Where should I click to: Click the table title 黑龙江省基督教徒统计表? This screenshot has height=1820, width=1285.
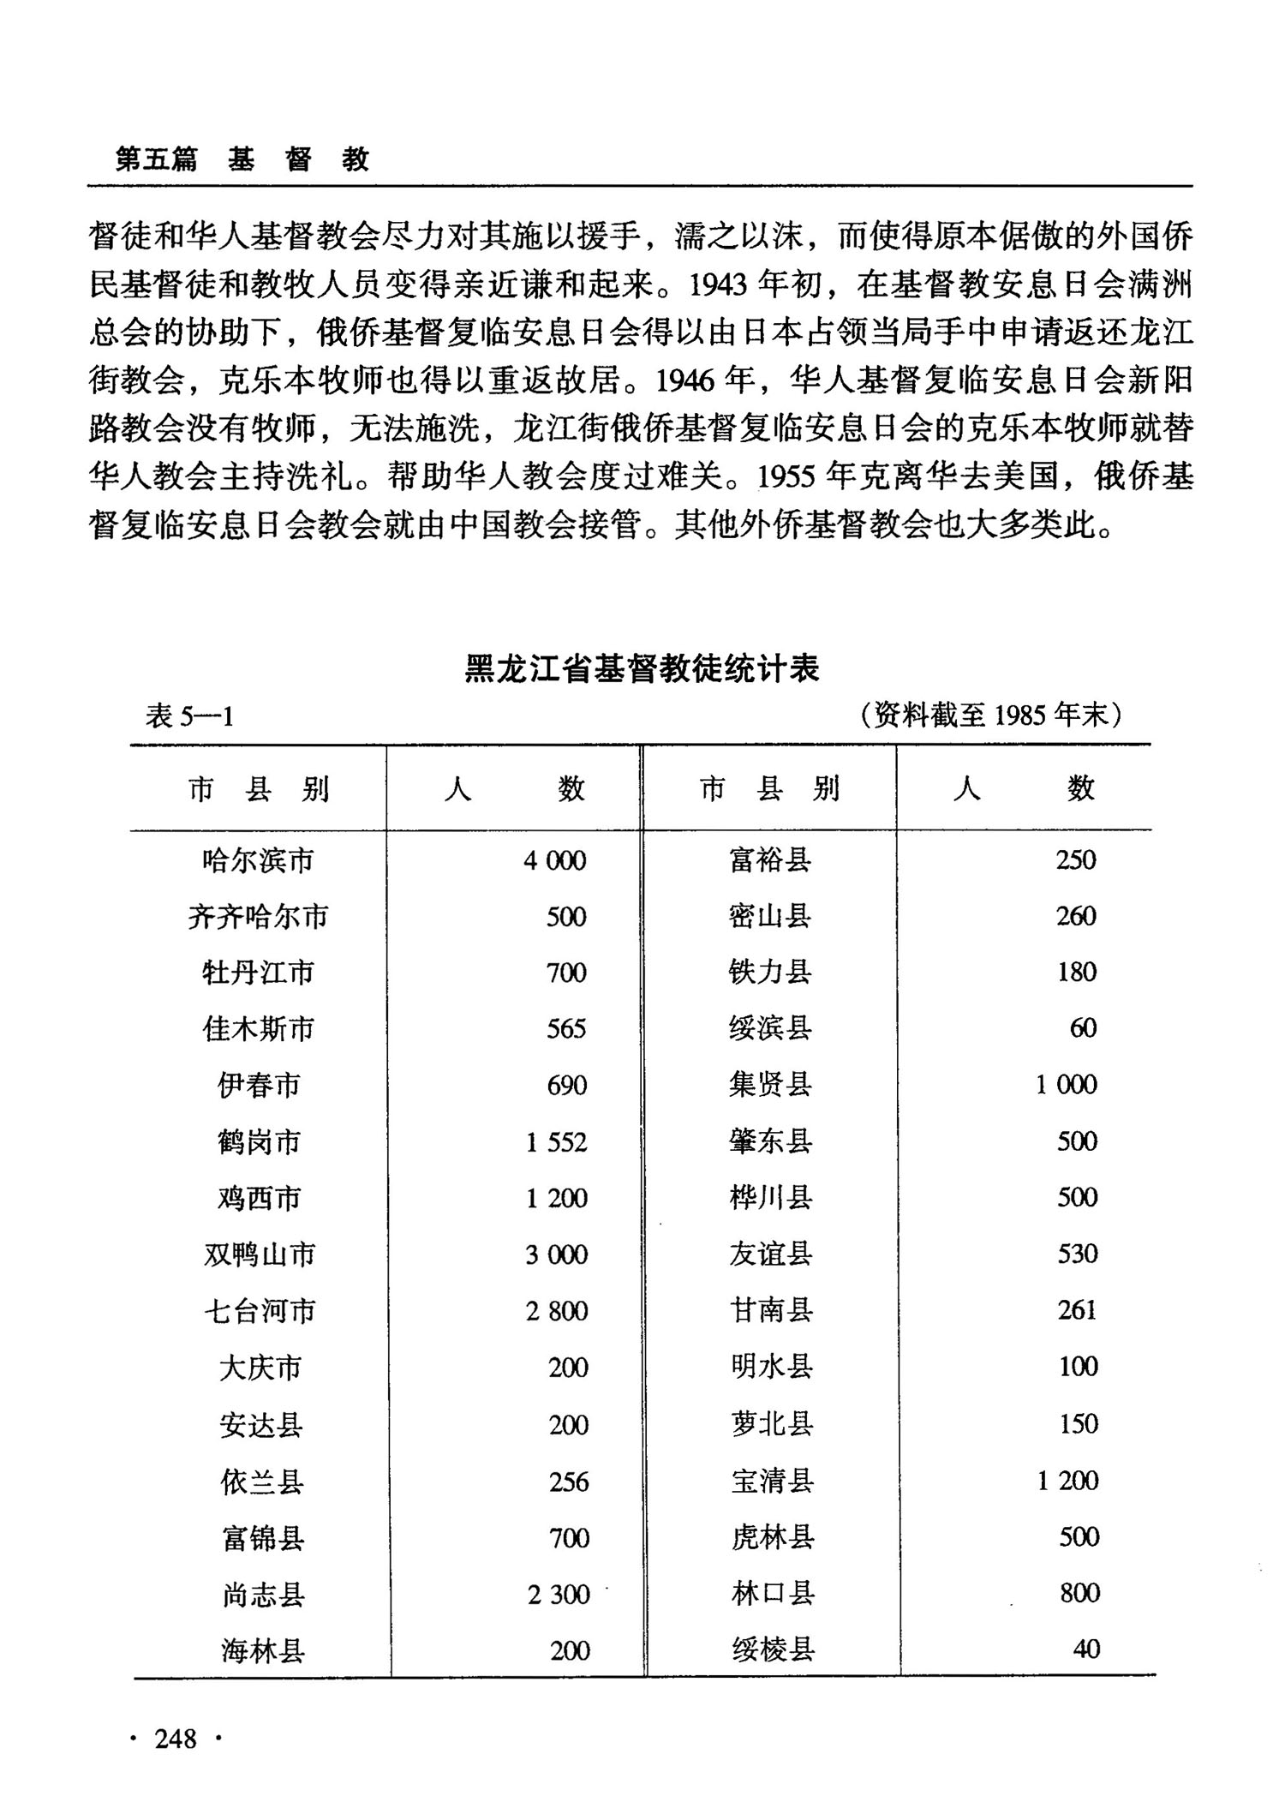pos(642,668)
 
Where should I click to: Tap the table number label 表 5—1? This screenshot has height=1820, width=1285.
pos(189,715)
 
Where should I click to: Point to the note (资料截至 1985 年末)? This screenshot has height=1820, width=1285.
pos(991,714)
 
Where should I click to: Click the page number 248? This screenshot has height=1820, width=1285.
pos(176,1739)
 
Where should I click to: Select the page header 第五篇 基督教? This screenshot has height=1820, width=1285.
pos(242,159)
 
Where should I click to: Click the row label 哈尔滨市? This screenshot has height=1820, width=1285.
pos(258,860)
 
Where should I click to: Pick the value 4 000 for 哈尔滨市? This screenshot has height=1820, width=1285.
pos(555,860)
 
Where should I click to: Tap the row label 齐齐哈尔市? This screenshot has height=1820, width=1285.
pos(258,917)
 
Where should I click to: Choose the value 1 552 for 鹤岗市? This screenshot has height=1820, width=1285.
pos(557,1142)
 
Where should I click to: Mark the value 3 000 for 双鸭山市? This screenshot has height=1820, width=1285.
pos(557,1255)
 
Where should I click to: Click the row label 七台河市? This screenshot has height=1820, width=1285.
pos(260,1311)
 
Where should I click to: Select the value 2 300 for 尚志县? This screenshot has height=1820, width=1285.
pos(559,1595)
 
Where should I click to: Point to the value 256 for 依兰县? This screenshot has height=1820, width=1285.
pos(569,1482)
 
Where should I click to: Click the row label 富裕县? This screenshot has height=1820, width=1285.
pos(770,859)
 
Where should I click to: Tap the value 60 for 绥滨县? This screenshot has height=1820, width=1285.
pos(1083,1028)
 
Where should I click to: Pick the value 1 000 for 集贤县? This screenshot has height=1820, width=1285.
pos(1067,1085)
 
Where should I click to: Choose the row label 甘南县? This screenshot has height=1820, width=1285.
pos(771,1310)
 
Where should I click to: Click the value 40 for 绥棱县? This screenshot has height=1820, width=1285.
pos(1086,1649)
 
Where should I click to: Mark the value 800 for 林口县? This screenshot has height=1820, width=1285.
pos(1079,1593)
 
